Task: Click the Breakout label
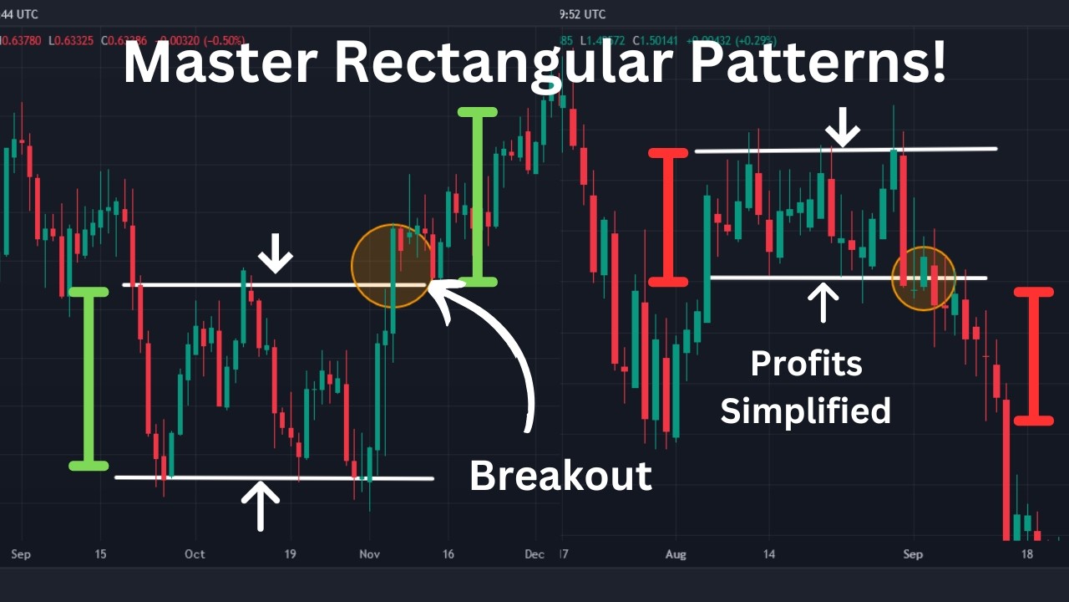560,475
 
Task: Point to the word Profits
806,363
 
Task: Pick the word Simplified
806,411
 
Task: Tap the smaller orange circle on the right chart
923,278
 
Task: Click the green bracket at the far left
89,378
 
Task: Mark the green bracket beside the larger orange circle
478,197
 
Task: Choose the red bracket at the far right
1034,355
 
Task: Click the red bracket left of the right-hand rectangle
668,217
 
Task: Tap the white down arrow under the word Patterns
844,127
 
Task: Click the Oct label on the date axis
195,554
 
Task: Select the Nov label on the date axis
369,554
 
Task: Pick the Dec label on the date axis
534,554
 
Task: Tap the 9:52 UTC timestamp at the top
582,14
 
